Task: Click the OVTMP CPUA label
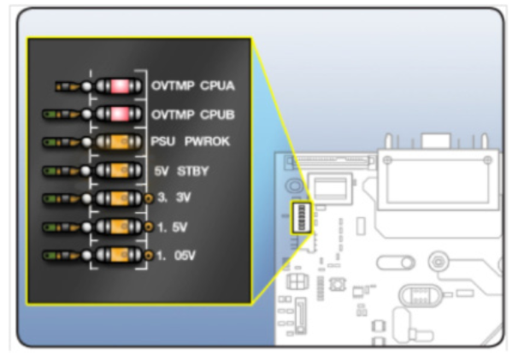coord(192,86)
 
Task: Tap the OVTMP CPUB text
coord(192,114)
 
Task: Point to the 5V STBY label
coord(180,170)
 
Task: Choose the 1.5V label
coord(172,227)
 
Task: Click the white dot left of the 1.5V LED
coord(86,227)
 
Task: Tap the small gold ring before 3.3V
coord(149,198)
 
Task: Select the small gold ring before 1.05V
coord(149,255)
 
